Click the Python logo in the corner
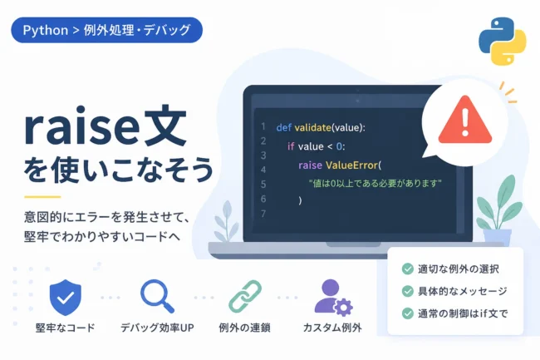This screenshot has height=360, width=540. [x=503, y=42]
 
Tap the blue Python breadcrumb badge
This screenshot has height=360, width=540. [x=107, y=30]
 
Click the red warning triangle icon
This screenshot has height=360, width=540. [x=465, y=120]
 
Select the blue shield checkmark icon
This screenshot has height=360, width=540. [x=66, y=298]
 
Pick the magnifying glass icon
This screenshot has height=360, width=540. [x=157, y=296]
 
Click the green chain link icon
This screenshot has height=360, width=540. [x=245, y=296]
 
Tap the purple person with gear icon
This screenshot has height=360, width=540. [x=333, y=298]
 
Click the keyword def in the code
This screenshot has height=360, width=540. [x=284, y=128]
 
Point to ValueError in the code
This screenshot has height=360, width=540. [x=351, y=165]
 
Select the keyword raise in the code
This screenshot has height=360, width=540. [x=311, y=165]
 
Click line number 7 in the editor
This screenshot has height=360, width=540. [x=263, y=214]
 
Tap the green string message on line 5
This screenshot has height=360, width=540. [x=376, y=183]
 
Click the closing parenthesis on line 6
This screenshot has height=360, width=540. [x=300, y=200]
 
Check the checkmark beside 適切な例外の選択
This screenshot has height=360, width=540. [x=408, y=269]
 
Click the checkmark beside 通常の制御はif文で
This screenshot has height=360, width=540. [x=408, y=313]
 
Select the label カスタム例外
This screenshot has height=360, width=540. [x=332, y=328]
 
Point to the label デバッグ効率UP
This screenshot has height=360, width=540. [x=157, y=328]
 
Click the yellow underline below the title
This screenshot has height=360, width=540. [x=42, y=197]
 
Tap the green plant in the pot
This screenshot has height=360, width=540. [x=498, y=203]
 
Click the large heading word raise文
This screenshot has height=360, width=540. [x=106, y=126]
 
